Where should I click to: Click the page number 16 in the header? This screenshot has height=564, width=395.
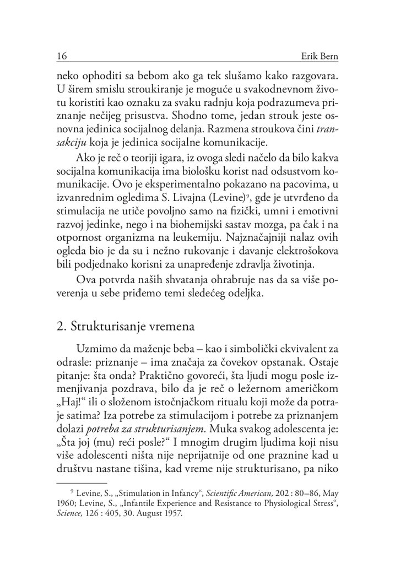pyautogui.click(x=62, y=56)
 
